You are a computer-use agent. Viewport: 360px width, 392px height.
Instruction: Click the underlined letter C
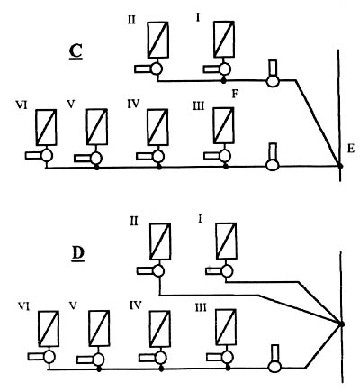[76, 52]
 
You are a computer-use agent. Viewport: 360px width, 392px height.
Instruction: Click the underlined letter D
[78, 254]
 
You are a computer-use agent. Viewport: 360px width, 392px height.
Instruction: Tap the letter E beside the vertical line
[351, 149]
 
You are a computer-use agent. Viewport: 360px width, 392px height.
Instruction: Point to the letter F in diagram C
[235, 95]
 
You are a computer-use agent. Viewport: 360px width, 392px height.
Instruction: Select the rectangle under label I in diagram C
[224, 39]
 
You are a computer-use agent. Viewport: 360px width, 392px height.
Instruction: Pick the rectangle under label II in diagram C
[157, 40]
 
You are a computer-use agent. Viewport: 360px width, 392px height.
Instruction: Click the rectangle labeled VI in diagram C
[46, 127]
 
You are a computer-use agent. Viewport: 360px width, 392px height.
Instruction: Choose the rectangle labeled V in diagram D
[99, 329]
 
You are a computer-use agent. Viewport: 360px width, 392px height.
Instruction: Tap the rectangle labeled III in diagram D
[226, 328]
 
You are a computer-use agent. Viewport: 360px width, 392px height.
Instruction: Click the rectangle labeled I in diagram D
[226, 241]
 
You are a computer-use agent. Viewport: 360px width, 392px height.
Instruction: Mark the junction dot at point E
[340, 166]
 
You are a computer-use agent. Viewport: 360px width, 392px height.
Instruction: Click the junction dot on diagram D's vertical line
[341, 324]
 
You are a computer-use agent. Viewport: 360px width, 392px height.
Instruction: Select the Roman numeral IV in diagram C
[133, 104]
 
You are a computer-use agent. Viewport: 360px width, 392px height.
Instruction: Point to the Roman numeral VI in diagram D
[23, 306]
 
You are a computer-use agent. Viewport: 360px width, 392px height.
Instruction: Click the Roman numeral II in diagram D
[134, 222]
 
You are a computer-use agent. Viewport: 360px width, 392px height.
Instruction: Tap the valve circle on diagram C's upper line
[273, 81]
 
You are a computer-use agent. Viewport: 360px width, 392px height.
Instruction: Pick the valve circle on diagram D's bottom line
[274, 367]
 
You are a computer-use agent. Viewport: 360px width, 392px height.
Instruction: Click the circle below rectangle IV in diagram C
[158, 156]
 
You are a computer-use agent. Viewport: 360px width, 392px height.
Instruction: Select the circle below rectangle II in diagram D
[158, 271]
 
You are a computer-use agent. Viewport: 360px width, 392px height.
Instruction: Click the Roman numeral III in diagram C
[198, 106]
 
